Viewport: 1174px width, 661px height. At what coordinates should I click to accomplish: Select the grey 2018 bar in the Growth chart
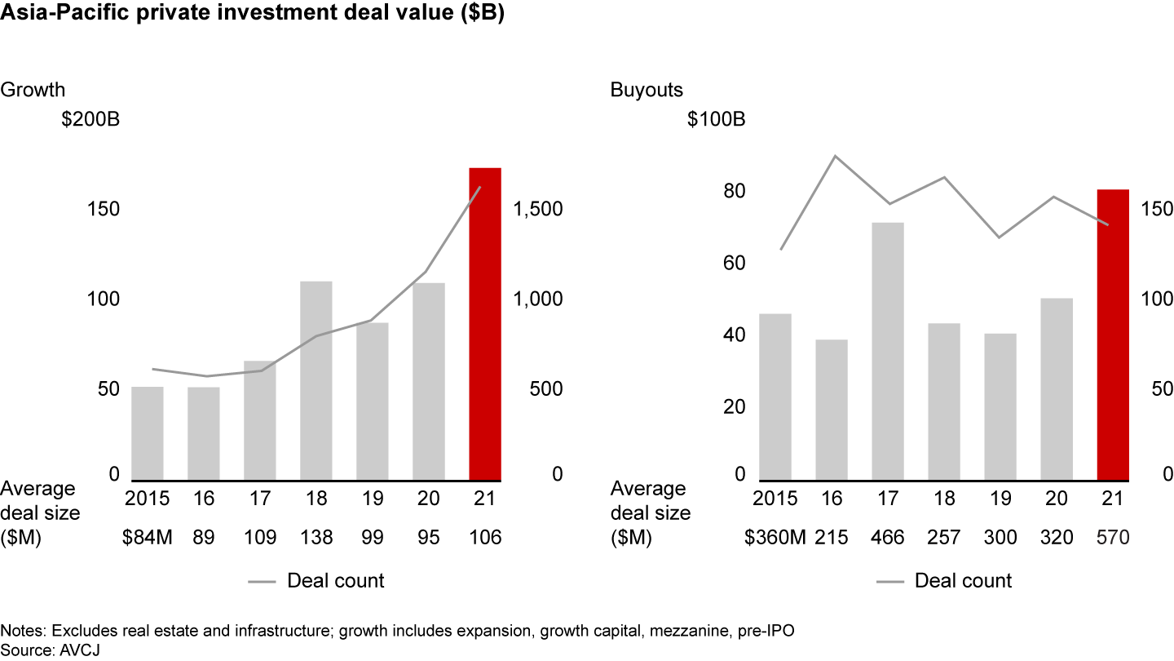(316, 380)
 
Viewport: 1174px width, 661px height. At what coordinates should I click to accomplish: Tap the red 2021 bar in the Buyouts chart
(1113, 335)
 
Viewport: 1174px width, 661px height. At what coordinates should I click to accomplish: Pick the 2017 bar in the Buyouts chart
(888, 351)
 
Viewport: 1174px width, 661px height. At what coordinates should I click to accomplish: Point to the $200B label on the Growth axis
(90, 119)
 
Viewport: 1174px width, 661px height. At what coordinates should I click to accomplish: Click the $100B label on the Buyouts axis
(716, 119)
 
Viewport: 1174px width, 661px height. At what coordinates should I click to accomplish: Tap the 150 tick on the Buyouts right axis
(1156, 209)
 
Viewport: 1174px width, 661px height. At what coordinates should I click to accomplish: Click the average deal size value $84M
(148, 538)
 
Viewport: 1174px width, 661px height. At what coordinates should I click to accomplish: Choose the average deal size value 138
(316, 538)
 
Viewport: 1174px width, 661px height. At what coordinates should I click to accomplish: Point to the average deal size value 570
(1113, 538)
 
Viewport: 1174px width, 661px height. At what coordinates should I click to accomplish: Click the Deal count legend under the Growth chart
(335, 581)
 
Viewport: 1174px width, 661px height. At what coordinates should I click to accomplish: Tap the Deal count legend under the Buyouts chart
(963, 581)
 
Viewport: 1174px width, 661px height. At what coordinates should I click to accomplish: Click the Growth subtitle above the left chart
(33, 90)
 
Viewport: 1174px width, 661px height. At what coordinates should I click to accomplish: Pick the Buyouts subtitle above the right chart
(647, 90)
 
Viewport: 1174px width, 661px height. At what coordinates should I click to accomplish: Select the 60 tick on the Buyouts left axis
(734, 264)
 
